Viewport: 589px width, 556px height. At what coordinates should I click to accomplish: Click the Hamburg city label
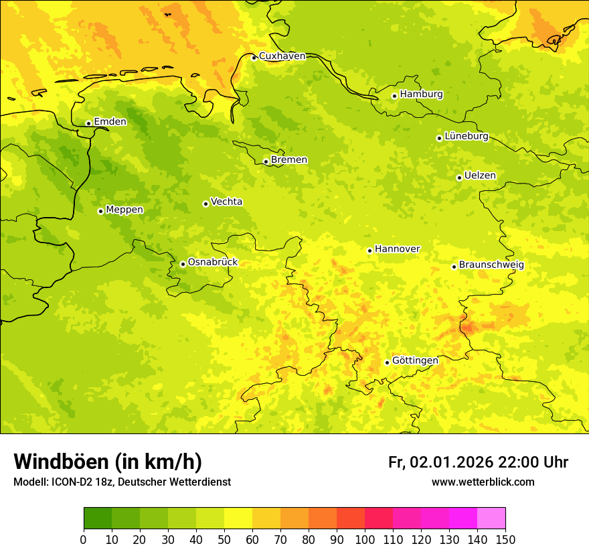pyautogui.click(x=421, y=94)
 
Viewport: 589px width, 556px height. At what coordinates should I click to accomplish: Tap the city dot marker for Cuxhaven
pyautogui.click(x=254, y=58)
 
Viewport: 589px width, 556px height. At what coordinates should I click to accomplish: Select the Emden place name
pyautogui.click(x=110, y=122)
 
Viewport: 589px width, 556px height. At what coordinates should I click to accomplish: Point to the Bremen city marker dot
pyautogui.click(x=266, y=161)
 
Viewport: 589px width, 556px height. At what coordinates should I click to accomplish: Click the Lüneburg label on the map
pyautogui.click(x=466, y=137)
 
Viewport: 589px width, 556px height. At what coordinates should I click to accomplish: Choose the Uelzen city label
pyautogui.click(x=480, y=176)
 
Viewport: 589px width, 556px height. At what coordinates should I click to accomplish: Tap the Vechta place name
pyautogui.click(x=226, y=202)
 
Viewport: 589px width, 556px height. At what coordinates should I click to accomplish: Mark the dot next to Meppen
pyautogui.click(x=100, y=211)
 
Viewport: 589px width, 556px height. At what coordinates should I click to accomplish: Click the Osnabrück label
pyautogui.click(x=212, y=263)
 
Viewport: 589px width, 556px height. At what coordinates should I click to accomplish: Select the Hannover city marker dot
pyautogui.click(x=369, y=251)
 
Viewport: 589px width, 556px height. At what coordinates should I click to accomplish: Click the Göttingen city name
pyautogui.click(x=415, y=361)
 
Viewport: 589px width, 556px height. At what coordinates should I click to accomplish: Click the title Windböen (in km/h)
pyautogui.click(x=108, y=462)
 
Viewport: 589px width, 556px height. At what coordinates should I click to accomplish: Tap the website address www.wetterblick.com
pyautogui.click(x=483, y=482)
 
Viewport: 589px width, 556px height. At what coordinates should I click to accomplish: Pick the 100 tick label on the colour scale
pyautogui.click(x=365, y=539)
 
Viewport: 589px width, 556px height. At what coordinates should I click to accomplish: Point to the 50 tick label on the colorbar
pyautogui.click(x=224, y=539)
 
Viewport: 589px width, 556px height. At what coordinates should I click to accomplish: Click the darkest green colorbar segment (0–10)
pyautogui.click(x=98, y=518)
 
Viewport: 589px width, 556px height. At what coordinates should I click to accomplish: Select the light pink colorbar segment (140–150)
pyautogui.click(x=491, y=518)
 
